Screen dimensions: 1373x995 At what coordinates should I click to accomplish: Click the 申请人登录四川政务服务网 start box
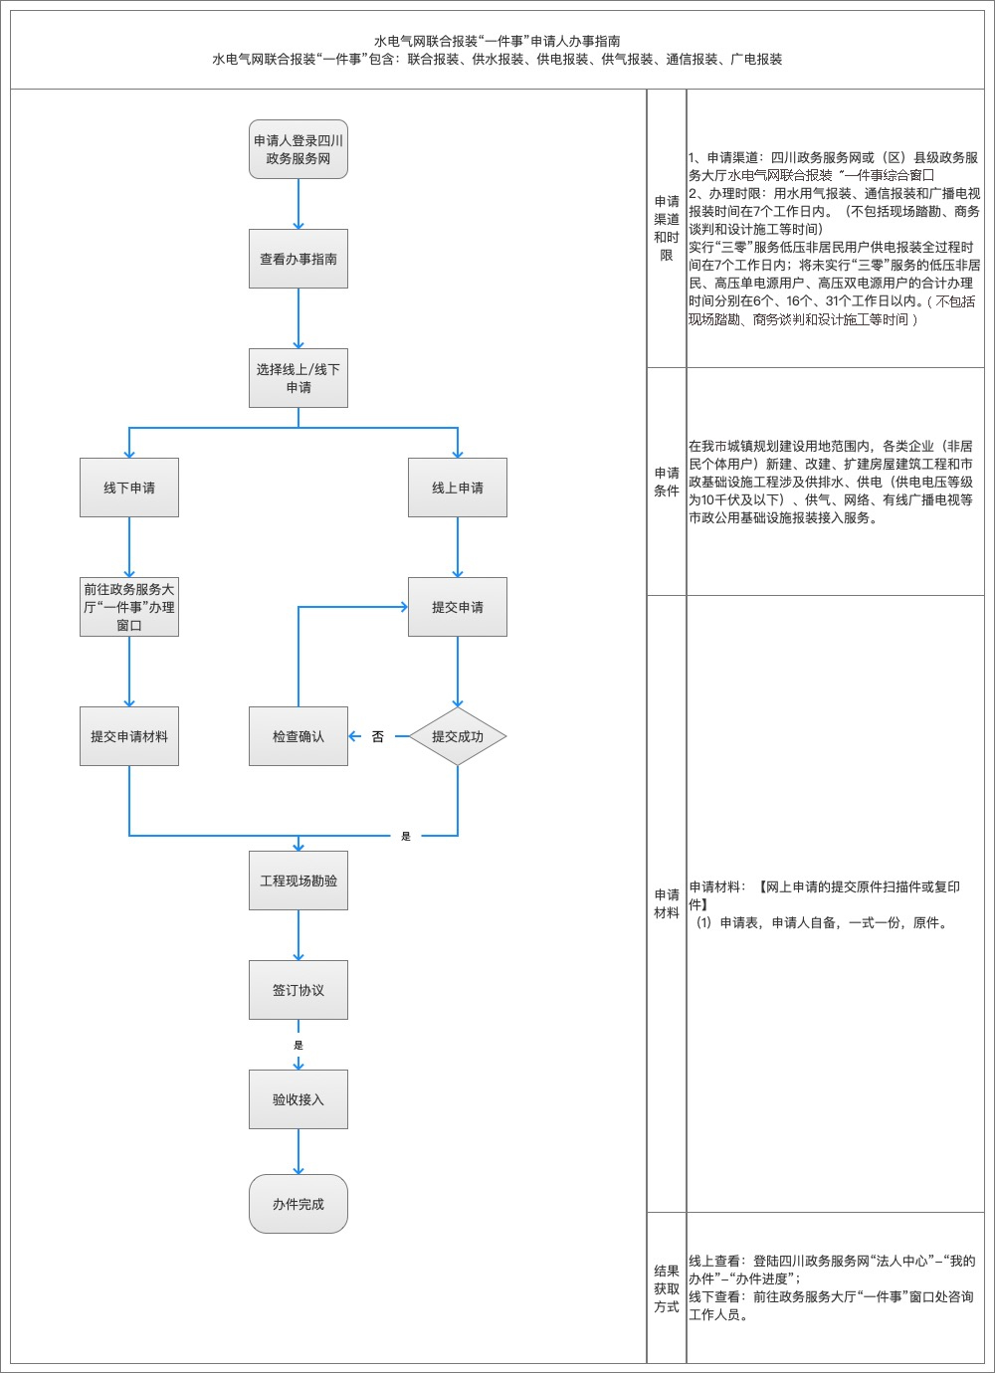(x=298, y=150)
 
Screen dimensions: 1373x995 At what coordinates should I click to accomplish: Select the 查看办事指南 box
(x=298, y=259)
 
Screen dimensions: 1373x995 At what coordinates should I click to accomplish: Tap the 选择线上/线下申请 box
(x=298, y=378)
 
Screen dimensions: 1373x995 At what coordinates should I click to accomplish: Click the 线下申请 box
(x=129, y=488)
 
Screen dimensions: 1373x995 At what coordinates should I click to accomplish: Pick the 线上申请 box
(x=458, y=488)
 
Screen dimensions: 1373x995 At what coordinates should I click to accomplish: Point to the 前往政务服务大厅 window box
(x=129, y=607)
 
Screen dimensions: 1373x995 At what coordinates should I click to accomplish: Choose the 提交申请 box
(x=458, y=607)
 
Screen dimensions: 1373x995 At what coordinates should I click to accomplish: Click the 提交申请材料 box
(x=129, y=736)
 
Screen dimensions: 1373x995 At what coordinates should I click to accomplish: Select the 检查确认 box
(x=298, y=736)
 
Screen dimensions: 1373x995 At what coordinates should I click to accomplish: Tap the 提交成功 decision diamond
(x=458, y=736)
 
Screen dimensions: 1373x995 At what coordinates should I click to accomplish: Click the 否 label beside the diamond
(x=378, y=737)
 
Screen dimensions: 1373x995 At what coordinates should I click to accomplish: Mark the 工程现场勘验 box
(x=298, y=881)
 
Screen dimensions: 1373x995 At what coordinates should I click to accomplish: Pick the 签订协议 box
(x=298, y=990)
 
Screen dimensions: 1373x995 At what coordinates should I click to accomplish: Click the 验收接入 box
(x=298, y=1099)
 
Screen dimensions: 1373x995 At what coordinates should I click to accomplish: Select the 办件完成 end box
(x=298, y=1204)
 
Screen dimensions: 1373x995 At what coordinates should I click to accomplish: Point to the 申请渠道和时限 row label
(x=667, y=228)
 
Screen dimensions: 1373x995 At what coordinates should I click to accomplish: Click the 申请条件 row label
(x=667, y=482)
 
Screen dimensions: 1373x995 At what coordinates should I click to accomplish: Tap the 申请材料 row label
(x=667, y=903)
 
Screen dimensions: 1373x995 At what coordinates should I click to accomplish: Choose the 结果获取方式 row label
(x=667, y=1288)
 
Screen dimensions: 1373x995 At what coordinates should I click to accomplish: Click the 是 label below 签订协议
(x=298, y=1046)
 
